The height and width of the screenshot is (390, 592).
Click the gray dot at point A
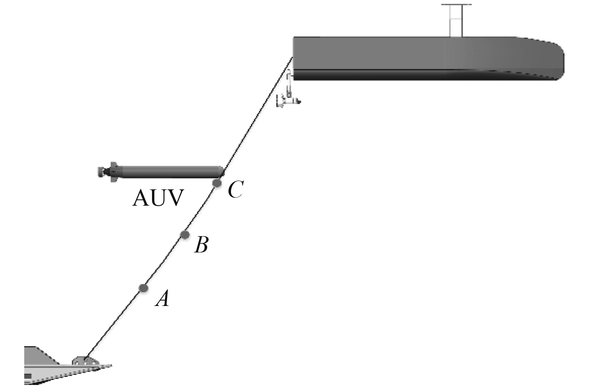(143, 288)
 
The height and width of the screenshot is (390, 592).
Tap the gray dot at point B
(185, 235)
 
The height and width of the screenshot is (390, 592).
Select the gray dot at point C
(217, 183)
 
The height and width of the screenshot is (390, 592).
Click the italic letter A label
(162, 298)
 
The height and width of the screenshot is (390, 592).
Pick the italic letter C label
(235, 190)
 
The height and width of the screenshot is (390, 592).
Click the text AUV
(158, 198)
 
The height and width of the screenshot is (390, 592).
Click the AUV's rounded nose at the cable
(221, 171)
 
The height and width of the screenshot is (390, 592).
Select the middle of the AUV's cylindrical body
(167, 171)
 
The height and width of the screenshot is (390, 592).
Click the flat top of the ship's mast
(456, 5)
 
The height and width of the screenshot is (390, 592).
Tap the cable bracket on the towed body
(82, 360)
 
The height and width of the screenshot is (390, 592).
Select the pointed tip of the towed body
(111, 366)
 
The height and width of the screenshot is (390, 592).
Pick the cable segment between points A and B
(164, 261)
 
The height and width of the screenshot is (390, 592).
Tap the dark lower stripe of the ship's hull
(418, 74)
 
